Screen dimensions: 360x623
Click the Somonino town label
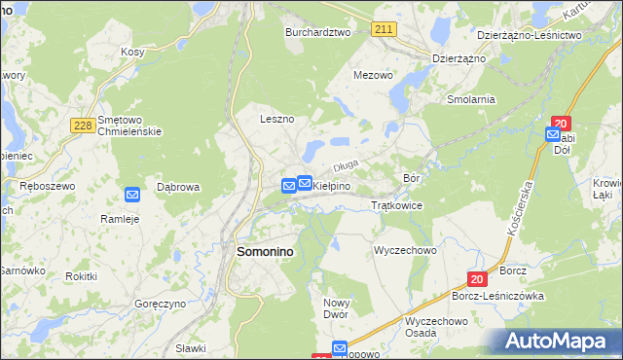(x=266, y=251)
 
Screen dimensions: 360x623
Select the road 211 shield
(x=383, y=30)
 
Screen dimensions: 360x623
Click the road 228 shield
(x=82, y=124)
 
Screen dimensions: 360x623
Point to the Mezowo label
(x=373, y=74)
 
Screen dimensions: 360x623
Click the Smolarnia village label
(x=471, y=99)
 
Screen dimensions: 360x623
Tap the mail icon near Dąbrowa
(x=132, y=194)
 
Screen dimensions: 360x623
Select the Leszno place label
(x=276, y=119)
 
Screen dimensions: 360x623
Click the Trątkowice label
(x=396, y=206)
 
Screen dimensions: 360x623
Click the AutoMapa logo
(x=560, y=342)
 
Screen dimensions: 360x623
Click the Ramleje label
(x=121, y=219)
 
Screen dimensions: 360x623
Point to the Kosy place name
(x=131, y=52)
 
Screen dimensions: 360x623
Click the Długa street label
(x=348, y=166)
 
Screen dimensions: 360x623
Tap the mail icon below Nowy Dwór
(x=340, y=348)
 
